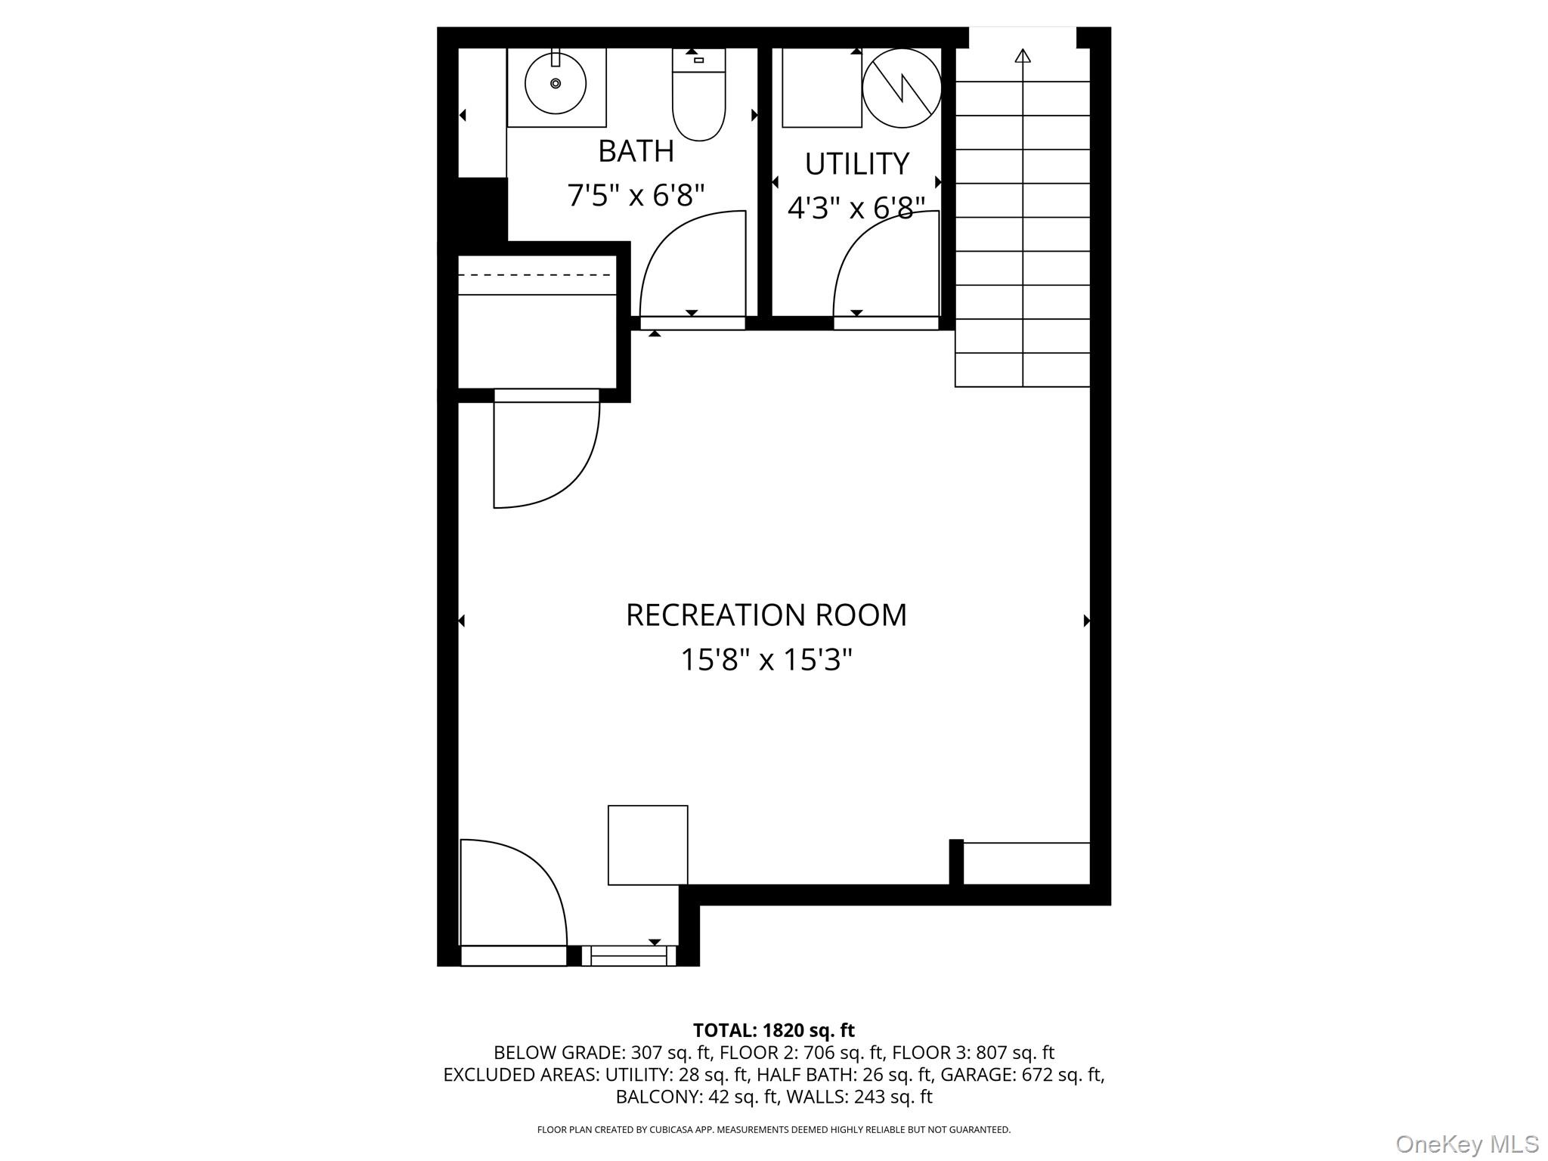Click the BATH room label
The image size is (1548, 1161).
636,151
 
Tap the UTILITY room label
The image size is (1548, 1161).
856,164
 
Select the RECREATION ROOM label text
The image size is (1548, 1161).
766,615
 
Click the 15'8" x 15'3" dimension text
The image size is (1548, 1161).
766,660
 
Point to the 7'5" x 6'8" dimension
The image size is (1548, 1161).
636,196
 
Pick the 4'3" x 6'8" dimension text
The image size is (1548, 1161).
856,208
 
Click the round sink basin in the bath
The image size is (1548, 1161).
556,84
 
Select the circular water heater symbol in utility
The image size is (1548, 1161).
902,88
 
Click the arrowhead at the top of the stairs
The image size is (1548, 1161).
1023,55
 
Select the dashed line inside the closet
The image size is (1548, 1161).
537,275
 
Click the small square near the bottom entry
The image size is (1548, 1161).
648,845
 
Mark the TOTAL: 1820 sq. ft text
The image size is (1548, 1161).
773,1030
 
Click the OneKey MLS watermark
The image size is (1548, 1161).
1466,1144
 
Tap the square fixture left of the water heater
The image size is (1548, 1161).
822,88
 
